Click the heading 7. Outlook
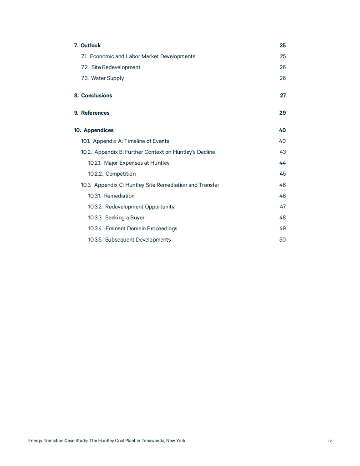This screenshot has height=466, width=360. (87, 46)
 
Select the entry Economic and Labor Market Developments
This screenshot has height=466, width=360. (142, 56)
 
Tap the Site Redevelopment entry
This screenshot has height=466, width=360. (116, 67)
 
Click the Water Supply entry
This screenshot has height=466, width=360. (107, 78)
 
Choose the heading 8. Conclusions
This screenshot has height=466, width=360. (93, 96)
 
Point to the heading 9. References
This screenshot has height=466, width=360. (91, 113)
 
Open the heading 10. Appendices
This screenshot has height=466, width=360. (94, 130)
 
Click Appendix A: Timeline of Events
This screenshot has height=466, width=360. (131, 141)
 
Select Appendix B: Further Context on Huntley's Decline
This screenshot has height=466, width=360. (154, 152)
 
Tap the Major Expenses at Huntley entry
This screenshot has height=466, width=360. (137, 163)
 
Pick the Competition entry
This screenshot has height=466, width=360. (120, 174)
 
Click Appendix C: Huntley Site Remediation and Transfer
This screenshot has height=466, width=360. (157, 185)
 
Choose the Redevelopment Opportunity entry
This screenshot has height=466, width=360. (140, 207)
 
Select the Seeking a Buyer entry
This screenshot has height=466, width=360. (125, 218)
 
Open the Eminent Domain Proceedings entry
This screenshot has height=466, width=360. (141, 228)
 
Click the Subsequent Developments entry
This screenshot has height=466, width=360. (138, 240)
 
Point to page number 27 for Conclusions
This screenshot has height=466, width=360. (283, 96)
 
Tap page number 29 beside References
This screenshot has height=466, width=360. (283, 113)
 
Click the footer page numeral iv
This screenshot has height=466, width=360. (330, 441)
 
